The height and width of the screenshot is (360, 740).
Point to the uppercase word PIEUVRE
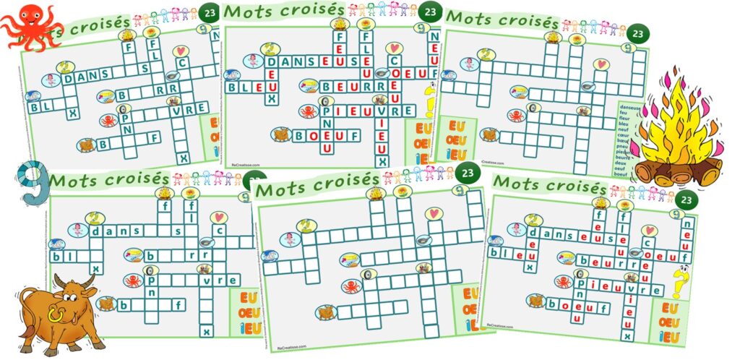368,111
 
